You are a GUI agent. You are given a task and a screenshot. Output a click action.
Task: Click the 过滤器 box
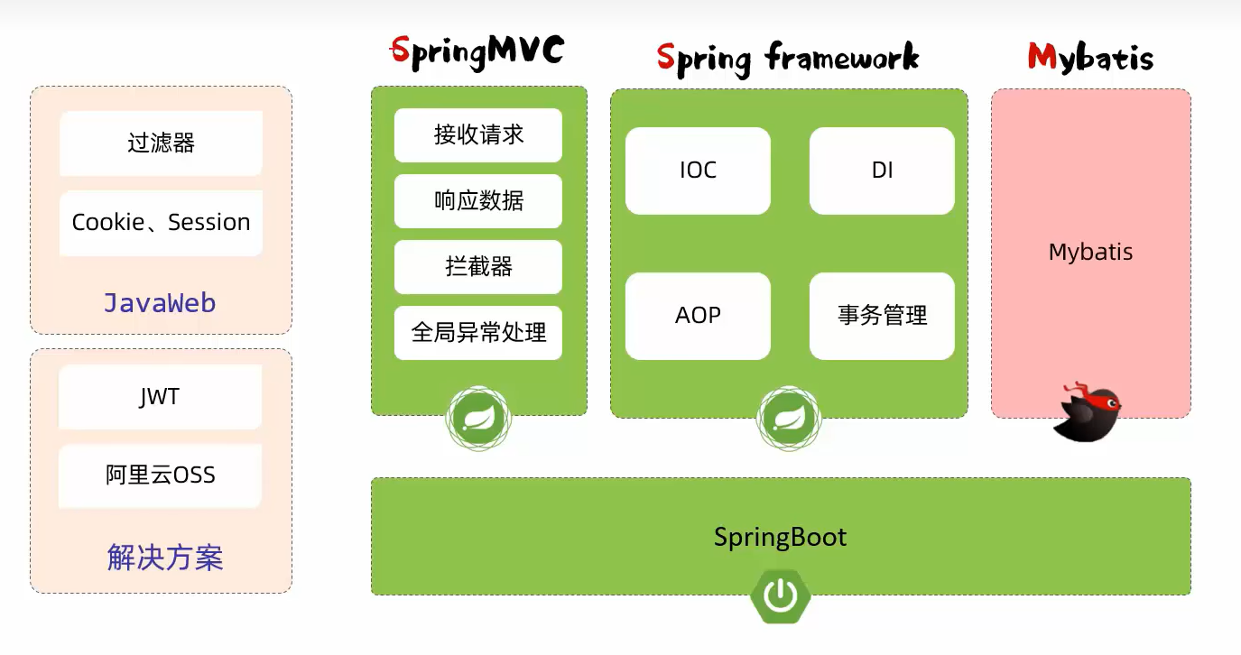[x=161, y=143]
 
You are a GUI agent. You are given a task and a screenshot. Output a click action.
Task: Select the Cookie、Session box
[x=161, y=223]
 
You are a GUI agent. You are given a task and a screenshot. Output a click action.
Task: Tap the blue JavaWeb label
[x=160, y=303]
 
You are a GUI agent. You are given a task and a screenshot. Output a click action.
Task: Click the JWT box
[x=160, y=396]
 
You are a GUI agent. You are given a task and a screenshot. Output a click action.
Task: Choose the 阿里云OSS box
[x=160, y=475]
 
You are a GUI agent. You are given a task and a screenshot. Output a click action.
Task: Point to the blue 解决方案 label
[x=165, y=557]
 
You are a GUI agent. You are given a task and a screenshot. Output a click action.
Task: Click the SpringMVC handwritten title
[x=477, y=52]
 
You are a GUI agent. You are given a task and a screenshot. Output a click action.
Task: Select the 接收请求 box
[x=478, y=134]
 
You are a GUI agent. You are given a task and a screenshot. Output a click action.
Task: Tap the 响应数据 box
[x=478, y=200]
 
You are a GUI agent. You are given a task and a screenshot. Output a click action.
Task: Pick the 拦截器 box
[x=478, y=266]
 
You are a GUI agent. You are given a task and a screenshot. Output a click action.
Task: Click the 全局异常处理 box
[x=478, y=332]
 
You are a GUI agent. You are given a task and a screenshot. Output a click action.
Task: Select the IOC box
[x=698, y=171]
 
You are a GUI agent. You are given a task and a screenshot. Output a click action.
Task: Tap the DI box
[x=882, y=171]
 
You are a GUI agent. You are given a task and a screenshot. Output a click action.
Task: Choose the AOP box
[x=698, y=316]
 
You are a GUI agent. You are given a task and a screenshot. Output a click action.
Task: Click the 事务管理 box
[x=882, y=316]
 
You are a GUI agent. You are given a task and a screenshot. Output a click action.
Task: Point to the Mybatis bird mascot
[x=1087, y=412]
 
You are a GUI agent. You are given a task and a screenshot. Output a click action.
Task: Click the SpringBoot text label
[x=780, y=537]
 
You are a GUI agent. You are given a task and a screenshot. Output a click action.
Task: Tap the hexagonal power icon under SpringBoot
[x=781, y=595]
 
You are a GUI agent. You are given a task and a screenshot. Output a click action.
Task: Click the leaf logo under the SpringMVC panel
[x=478, y=419]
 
